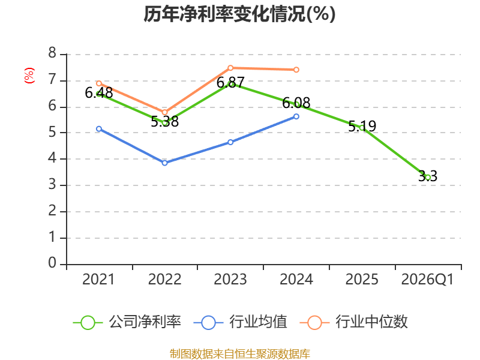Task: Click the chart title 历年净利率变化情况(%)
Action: [x=239, y=14]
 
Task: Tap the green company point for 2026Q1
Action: [x=428, y=177]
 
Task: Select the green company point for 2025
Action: [x=362, y=127]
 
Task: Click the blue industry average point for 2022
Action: [x=164, y=163]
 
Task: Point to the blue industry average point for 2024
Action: [x=296, y=116]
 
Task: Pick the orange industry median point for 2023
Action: [x=230, y=68]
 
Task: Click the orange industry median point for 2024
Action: [x=296, y=70]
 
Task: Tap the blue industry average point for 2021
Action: [x=99, y=128]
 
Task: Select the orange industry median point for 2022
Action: [x=164, y=112]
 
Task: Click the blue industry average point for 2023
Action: [x=230, y=142]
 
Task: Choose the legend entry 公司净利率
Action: [x=127, y=322]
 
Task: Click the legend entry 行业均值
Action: [x=241, y=322]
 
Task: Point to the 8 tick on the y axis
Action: [x=53, y=54]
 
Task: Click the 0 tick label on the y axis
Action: [x=53, y=263]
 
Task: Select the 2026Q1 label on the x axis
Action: [x=428, y=280]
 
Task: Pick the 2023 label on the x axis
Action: [x=230, y=280]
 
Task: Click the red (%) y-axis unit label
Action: [x=29, y=76]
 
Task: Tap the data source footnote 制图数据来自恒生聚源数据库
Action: [x=239, y=353]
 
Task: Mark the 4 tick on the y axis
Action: [x=53, y=159]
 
